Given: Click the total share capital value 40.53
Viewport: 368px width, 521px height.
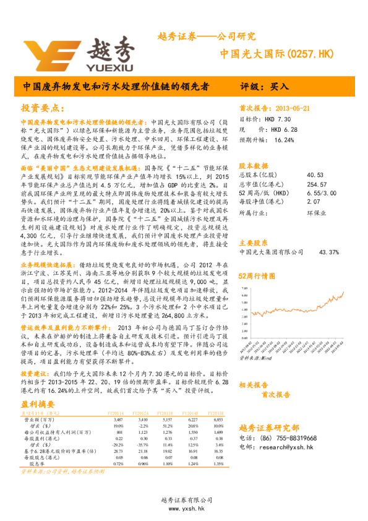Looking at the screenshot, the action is click(314, 175).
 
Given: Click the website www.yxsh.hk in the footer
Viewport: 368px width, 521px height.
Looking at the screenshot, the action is click(184, 508).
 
